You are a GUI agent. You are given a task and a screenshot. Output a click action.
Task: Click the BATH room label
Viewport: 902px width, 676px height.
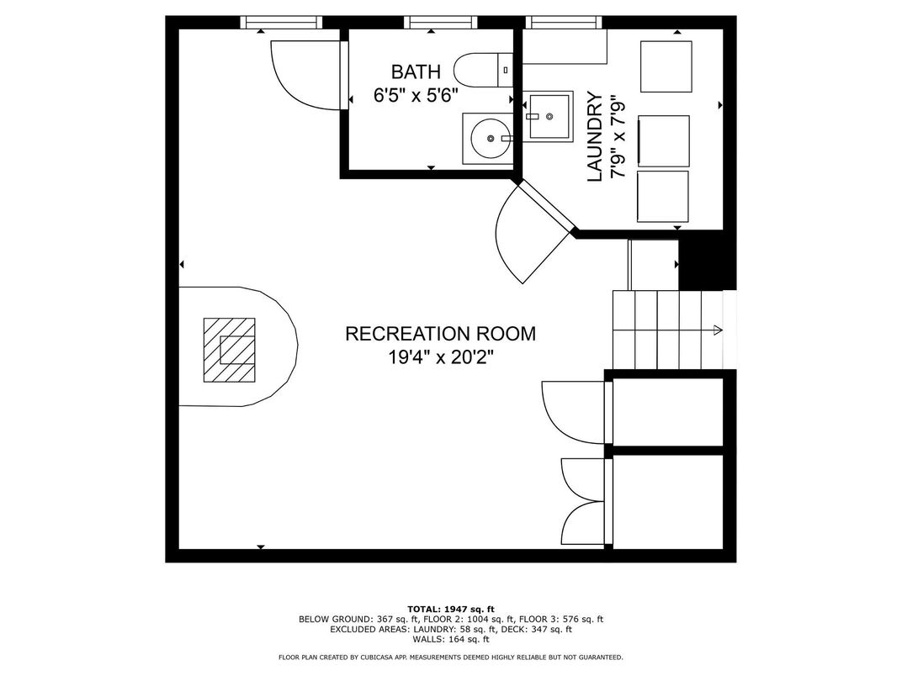[x=416, y=71]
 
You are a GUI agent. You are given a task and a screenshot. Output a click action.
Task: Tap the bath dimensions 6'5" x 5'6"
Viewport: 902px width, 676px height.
[x=416, y=95]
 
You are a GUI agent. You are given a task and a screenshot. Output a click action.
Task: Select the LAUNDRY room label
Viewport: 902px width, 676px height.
[x=595, y=137]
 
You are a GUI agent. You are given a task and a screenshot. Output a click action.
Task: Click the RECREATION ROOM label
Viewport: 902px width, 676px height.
[x=440, y=334]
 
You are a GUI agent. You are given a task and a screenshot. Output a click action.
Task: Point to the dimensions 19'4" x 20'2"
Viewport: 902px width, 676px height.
[x=440, y=357]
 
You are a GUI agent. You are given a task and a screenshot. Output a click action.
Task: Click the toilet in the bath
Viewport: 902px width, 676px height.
[x=483, y=70]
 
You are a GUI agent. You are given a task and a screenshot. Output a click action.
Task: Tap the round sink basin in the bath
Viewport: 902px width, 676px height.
[x=490, y=139]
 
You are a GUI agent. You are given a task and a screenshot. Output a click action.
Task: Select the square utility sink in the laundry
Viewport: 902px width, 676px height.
[x=549, y=117]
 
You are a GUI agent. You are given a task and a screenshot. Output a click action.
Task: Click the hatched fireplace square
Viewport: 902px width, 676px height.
[x=229, y=350]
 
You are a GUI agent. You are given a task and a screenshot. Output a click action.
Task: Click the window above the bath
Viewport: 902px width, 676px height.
[x=441, y=23]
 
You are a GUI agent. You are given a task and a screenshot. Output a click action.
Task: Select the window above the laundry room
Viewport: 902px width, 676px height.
[x=564, y=23]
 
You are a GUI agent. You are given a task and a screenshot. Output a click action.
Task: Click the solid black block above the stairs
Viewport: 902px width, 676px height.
[x=708, y=260]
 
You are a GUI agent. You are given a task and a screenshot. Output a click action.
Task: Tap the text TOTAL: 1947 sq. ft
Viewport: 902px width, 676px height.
[x=451, y=609]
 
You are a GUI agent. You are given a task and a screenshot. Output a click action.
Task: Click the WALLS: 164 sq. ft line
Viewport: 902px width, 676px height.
[x=451, y=639]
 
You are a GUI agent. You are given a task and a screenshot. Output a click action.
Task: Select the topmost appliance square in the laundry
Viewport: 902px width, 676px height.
[x=666, y=66]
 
